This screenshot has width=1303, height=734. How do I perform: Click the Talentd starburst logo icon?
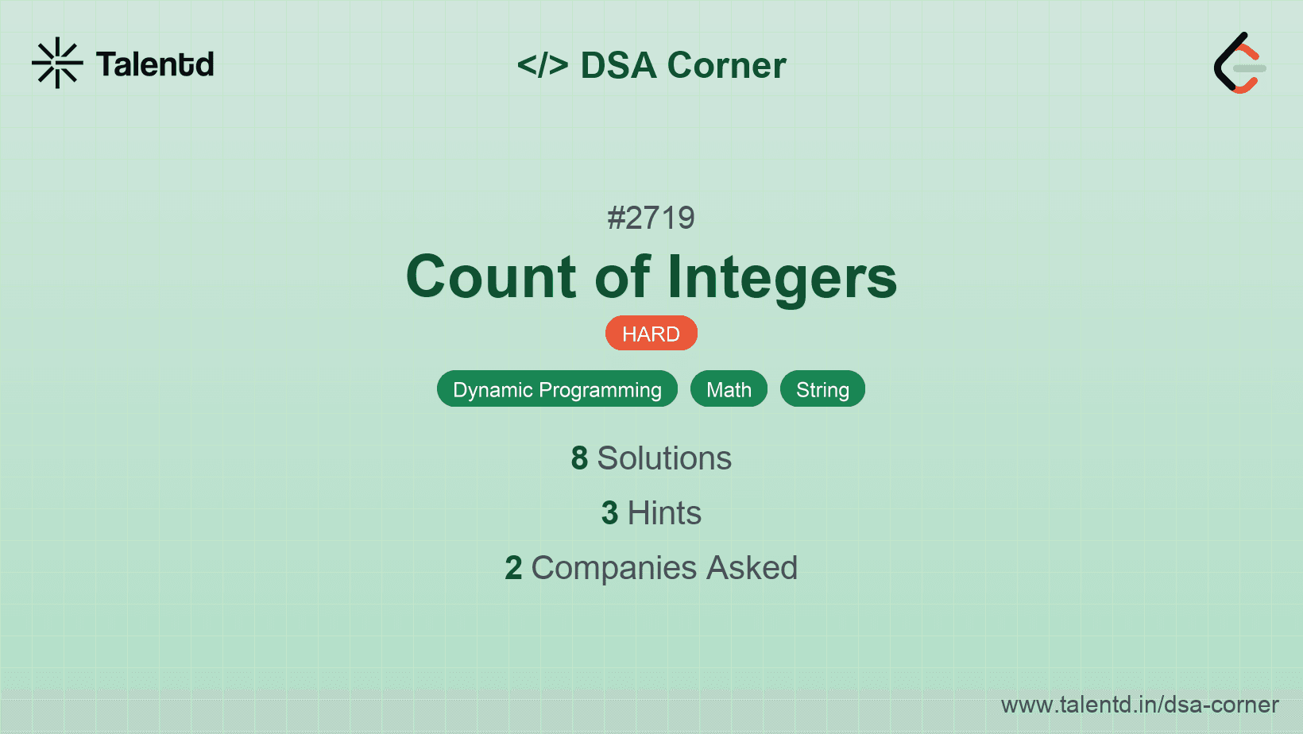(x=57, y=63)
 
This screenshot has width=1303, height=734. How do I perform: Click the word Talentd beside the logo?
(x=155, y=64)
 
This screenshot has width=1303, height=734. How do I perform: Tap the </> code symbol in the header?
(x=542, y=64)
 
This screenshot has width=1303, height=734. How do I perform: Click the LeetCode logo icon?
(x=1239, y=63)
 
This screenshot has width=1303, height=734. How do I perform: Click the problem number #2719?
(x=651, y=218)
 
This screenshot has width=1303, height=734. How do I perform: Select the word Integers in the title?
(x=782, y=278)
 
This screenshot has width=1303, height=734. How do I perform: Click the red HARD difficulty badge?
(x=651, y=334)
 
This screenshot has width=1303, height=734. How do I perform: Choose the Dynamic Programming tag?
(x=557, y=389)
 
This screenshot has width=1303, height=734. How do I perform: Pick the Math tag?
(x=729, y=389)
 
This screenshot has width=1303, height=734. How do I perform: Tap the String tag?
(x=822, y=389)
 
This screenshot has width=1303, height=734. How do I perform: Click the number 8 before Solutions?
(x=579, y=458)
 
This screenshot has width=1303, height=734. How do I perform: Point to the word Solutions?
(x=664, y=458)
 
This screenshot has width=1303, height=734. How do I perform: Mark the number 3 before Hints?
(x=609, y=513)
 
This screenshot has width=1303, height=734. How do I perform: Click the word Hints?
(x=664, y=513)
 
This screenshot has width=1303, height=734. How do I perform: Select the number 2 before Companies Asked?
(x=513, y=568)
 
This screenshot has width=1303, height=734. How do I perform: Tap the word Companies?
(x=613, y=568)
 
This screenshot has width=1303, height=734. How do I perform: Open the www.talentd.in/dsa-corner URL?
(x=1139, y=705)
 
